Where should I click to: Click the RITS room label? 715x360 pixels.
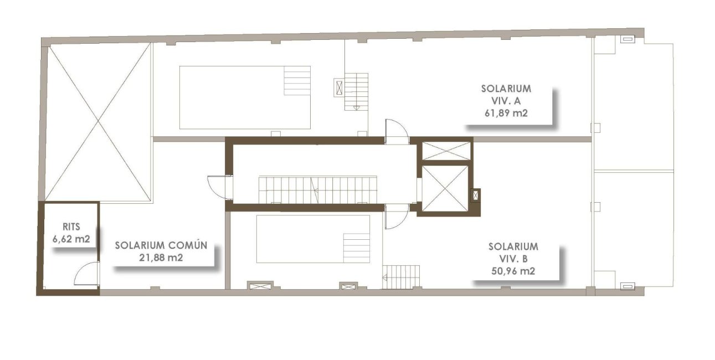(72, 227)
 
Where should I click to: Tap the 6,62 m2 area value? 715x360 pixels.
(71, 239)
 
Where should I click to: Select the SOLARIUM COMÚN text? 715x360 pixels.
(161, 245)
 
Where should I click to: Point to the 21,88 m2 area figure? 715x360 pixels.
(161, 258)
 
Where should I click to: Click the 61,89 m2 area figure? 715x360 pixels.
(506, 114)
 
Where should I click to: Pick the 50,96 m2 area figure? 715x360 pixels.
(513, 271)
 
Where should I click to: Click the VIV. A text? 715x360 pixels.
(506, 101)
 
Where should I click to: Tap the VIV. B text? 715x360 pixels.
(513, 259)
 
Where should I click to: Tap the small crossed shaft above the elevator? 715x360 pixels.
(446, 151)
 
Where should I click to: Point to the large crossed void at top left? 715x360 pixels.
(97, 122)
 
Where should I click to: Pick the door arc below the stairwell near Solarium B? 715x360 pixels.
(397, 217)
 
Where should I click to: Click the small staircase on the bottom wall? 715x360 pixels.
(402, 276)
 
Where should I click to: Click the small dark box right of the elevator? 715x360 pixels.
(475, 194)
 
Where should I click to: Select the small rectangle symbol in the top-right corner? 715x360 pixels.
(627, 39)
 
